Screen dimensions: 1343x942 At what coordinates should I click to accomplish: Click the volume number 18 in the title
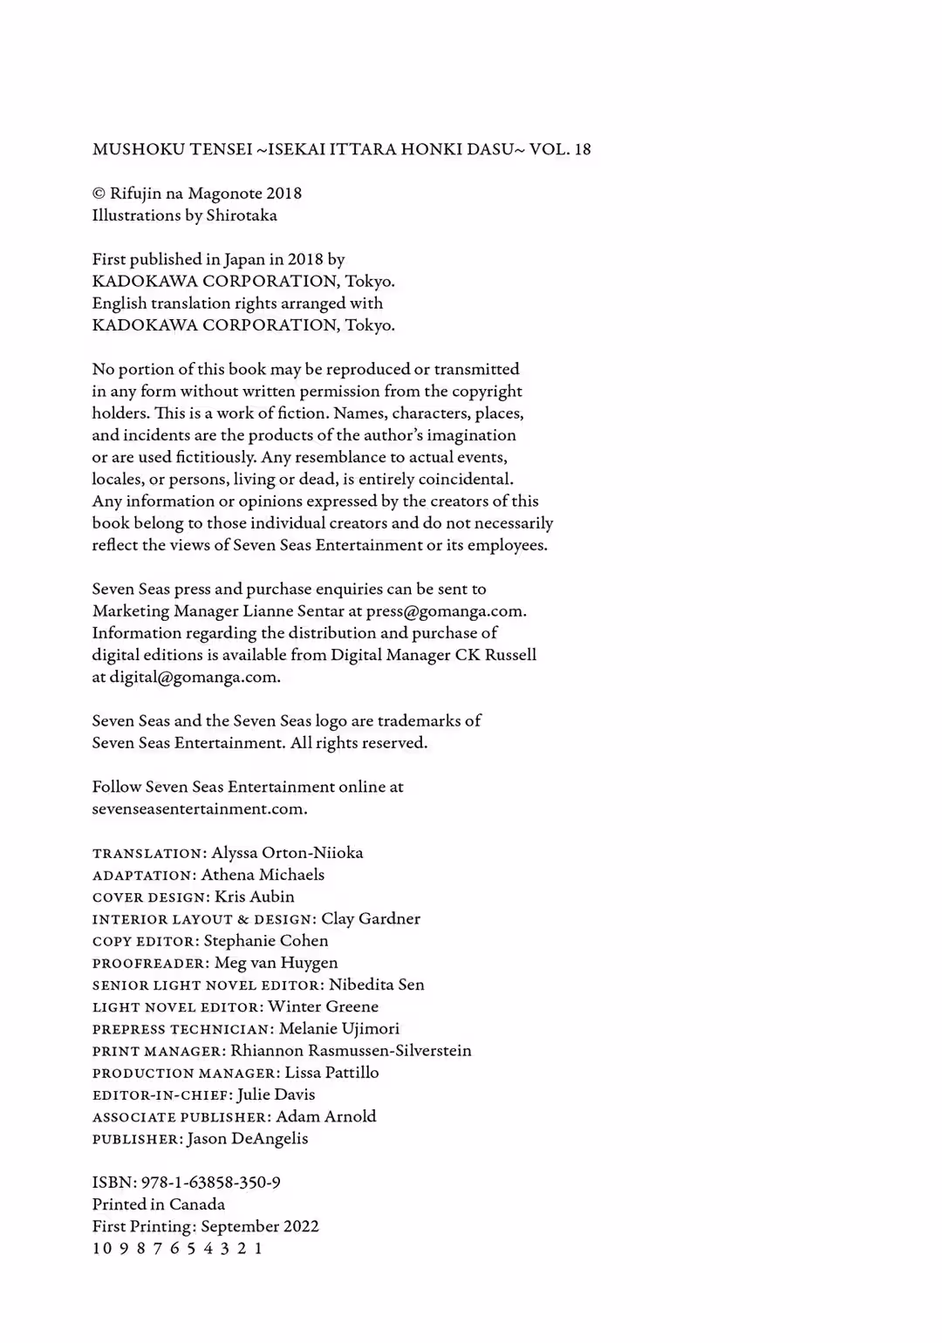[x=582, y=149]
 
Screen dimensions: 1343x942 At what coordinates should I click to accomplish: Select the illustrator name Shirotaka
[x=242, y=215]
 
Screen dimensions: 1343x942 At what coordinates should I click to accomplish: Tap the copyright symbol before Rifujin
[x=99, y=194]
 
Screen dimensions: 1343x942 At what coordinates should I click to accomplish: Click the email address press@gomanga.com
[x=446, y=611]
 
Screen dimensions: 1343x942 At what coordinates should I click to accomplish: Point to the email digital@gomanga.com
[x=195, y=677]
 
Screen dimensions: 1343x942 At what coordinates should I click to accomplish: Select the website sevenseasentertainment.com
[x=200, y=808]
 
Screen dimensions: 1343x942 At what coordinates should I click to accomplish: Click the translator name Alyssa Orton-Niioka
[x=287, y=853]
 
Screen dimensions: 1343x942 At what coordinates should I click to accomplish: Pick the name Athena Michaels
[x=263, y=875]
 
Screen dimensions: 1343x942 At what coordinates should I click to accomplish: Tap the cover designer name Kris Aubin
[x=255, y=896]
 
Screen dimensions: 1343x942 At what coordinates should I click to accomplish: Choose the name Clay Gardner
[x=371, y=918]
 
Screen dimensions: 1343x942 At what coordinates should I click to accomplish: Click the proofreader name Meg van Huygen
[x=276, y=963]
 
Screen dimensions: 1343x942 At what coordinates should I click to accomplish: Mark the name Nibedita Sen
[x=377, y=985]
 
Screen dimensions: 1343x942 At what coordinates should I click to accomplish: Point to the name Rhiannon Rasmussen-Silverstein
[x=351, y=1051]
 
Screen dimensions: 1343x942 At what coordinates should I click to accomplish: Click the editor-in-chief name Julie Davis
[x=276, y=1094]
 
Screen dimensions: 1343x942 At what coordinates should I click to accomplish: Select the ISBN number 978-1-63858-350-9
[x=211, y=1183]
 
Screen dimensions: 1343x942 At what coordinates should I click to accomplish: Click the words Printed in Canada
[x=159, y=1204]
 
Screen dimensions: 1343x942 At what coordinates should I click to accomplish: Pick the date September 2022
[x=260, y=1226]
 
